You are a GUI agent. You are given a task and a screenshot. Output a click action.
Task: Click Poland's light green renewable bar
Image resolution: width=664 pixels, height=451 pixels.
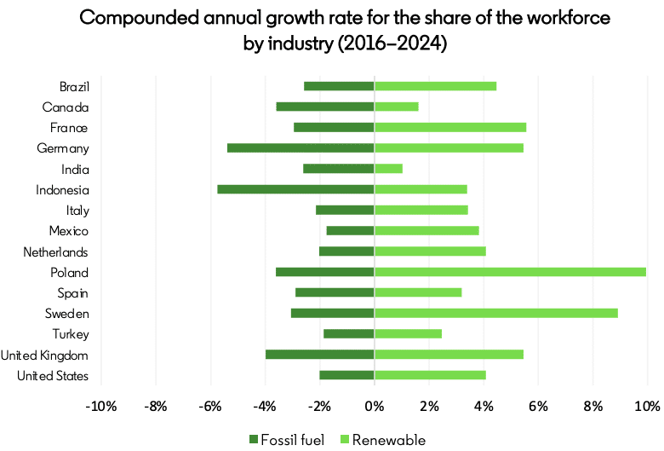(x=510, y=272)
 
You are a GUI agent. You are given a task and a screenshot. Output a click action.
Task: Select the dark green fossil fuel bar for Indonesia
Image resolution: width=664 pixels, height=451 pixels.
(x=295, y=189)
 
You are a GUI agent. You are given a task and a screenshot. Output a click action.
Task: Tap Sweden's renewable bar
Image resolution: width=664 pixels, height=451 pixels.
(x=495, y=313)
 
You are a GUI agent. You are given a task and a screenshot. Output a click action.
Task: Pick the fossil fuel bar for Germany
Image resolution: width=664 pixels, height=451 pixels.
(x=301, y=148)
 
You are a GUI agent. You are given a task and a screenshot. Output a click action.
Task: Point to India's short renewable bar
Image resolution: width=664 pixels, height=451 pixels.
(x=388, y=169)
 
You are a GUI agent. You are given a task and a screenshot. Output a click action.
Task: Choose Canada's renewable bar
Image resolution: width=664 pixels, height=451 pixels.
(x=396, y=107)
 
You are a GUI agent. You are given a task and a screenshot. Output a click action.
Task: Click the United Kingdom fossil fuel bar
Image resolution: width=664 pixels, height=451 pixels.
(x=319, y=355)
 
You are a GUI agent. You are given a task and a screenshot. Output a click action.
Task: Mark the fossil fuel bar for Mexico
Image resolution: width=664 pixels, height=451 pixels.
(x=350, y=230)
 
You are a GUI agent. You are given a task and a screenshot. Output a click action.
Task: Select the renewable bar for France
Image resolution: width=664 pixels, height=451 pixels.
(x=449, y=127)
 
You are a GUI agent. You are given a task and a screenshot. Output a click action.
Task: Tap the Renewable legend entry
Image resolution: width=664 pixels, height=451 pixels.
(x=382, y=440)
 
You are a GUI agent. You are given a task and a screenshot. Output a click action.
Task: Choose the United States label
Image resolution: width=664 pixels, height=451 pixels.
(x=53, y=376)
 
